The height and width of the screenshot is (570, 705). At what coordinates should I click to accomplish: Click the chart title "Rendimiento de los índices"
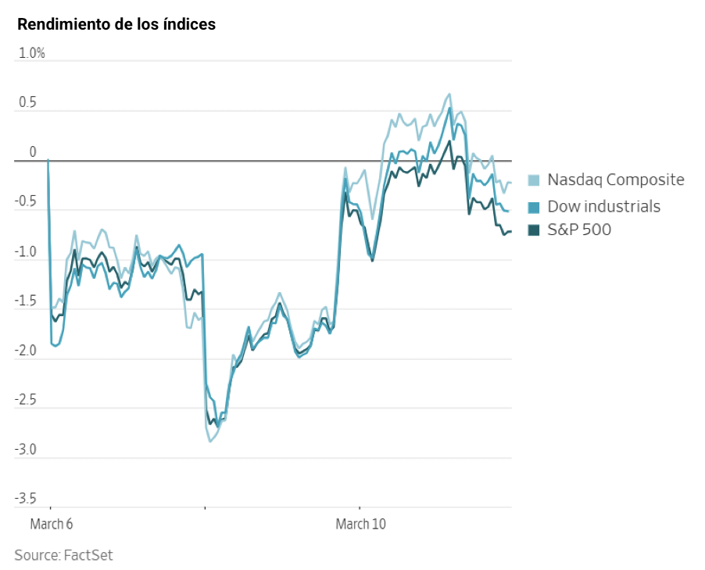point(116,24)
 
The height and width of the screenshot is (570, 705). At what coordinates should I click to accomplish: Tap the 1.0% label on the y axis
point(32,53)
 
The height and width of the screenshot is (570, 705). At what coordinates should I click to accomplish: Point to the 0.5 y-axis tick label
point(27,103)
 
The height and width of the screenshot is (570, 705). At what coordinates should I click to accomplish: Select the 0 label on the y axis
point(33,152)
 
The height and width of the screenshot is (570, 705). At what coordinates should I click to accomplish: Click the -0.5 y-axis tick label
point(26,202)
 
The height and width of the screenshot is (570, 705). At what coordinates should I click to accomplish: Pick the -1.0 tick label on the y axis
point(26,252)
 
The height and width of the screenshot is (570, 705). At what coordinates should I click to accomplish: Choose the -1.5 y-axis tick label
point(26,301)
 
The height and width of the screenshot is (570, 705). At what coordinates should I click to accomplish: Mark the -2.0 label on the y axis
point(26,351)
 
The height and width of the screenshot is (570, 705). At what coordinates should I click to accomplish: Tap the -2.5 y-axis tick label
point(26,401)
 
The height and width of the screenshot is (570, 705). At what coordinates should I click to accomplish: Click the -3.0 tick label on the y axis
point(26,451)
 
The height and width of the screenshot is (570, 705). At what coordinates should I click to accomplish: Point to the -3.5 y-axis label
point(26,500)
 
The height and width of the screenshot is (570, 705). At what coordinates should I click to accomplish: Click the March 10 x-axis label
point(360,523)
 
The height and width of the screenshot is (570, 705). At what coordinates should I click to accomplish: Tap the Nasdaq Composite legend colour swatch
point(535,180)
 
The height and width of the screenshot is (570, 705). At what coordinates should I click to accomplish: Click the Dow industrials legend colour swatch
point(535,207)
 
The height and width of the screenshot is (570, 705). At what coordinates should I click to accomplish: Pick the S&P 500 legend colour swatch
point(535,230)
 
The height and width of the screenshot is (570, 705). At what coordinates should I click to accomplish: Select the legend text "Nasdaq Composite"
point(616,180)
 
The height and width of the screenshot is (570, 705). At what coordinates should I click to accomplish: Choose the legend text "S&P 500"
point(579,230)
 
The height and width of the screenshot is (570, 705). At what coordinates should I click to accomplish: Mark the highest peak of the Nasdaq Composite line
point(449,94)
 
